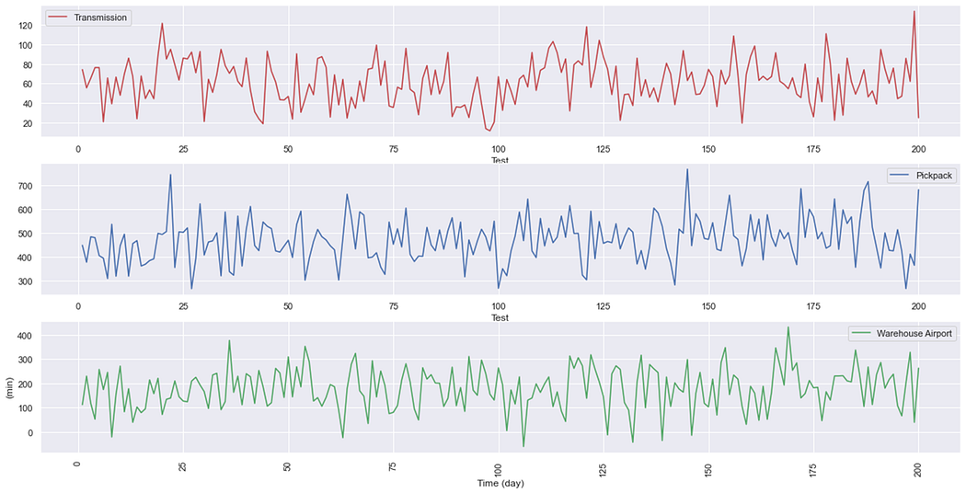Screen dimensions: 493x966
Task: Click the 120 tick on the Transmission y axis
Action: pos(25,25)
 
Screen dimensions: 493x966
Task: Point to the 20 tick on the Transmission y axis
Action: pos(28,123)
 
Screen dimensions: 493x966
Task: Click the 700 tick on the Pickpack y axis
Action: pos(25,186)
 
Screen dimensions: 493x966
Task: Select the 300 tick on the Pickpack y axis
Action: pos(25,281)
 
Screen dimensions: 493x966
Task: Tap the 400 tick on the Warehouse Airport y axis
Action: pos(25,336)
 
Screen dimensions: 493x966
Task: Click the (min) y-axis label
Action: pos(9,386)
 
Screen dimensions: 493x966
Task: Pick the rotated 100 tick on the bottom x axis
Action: pos(498,466)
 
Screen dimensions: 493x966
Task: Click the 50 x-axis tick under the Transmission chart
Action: pos(288,149)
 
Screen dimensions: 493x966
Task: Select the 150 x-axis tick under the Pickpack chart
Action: pos(708,306)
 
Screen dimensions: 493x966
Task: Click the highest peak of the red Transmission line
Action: pos(914,11)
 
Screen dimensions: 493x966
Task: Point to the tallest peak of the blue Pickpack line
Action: pos(686,169)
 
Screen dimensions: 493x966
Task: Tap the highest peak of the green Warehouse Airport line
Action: pos(788,327)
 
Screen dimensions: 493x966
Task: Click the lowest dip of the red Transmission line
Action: pos(489,131)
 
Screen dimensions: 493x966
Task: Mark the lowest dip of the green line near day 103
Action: pos(523,447)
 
